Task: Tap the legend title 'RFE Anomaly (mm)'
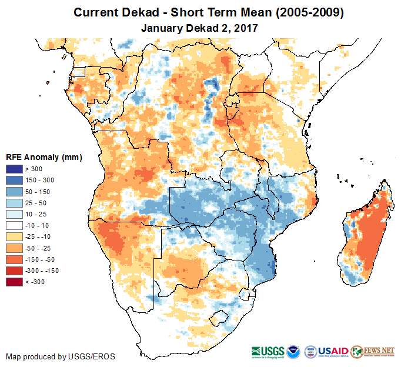click(x=44, y=158)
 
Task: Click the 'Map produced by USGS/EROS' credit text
click(x=61, y=356)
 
